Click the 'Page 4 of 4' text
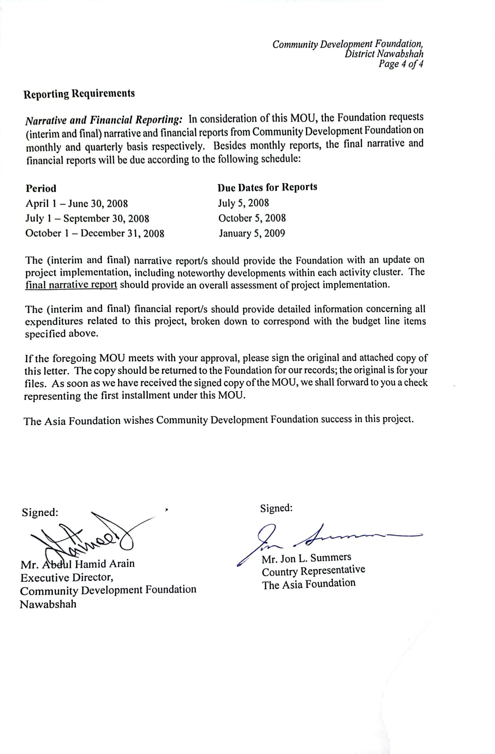coord(401,64)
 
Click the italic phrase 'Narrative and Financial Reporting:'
coord(104,120)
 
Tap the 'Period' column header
coord(41,188)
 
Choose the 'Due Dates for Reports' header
coord(267,187)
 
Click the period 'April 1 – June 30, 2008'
coord(76,204)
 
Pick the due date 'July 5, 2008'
coord(243,203)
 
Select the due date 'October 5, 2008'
coord(252,218)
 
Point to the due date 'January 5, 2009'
coord(252,234)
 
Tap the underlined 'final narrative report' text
coord(71,285)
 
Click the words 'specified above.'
coord(62,334)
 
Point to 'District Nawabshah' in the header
coord(384,54)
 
